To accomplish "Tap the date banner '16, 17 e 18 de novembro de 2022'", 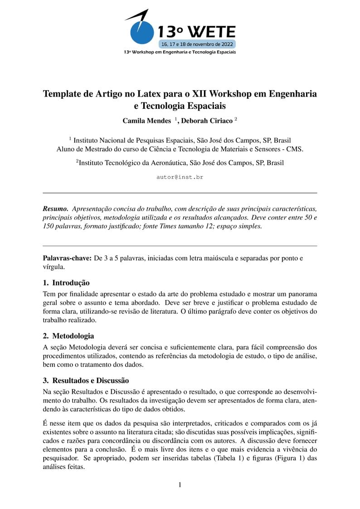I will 196,44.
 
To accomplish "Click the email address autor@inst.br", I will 180,177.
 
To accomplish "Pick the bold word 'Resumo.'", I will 55,209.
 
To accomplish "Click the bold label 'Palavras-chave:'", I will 67,258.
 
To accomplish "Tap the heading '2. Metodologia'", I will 68,336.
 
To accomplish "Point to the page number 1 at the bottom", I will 180,485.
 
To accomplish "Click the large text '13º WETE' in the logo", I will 196,32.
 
